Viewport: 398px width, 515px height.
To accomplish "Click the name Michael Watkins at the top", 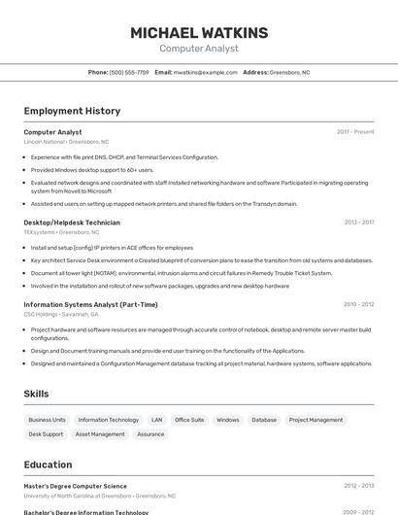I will tap(199, 33).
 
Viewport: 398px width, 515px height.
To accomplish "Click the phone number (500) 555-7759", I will tap(129, 72).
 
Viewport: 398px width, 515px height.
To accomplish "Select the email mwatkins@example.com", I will tap(206, 72).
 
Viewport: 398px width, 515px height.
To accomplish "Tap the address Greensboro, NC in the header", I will tap(289, 72).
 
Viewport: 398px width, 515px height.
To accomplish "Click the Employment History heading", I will tap(72, 111).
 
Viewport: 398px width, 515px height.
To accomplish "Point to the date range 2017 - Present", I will tap(355, 132).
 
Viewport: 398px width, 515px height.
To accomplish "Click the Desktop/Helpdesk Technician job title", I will tap(72, 223).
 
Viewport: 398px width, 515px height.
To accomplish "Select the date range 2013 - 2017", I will tap(358, 223).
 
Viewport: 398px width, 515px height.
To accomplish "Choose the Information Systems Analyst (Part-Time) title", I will tap(90, 304).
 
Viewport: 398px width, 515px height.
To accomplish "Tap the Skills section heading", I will tap(37, 394).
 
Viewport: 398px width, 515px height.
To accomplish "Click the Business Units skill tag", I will tap(47, 420).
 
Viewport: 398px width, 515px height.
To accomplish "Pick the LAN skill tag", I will tap(156, 420).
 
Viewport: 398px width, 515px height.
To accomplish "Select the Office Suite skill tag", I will tap(189, 420).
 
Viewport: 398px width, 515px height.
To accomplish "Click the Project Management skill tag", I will tap(315, 420).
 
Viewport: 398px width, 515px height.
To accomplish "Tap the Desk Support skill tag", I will tap(46, 434).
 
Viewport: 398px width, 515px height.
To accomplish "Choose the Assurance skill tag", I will tap(150, 434).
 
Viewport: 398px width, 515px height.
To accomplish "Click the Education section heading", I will tap(48, 464).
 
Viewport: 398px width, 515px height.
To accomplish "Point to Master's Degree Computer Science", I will tap(75, 486).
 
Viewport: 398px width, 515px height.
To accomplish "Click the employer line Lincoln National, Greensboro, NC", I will tap(66, 142).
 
